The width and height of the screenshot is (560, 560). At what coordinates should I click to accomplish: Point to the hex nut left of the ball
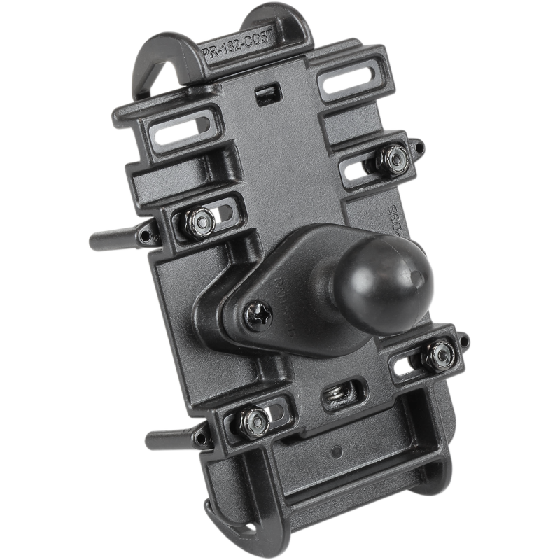point(202,220)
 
